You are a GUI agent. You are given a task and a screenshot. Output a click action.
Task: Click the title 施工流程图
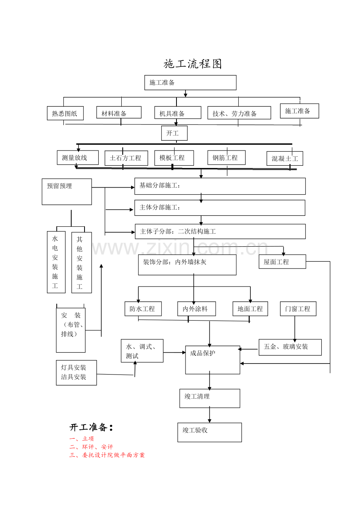193,64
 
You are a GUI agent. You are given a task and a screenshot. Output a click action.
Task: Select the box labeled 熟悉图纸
65,113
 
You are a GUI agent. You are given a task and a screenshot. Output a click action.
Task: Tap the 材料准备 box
119,113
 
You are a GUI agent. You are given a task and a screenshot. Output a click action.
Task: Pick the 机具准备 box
178,113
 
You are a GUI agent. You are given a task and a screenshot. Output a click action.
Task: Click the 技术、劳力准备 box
239,113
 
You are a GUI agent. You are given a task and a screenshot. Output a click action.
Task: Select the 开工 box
174,133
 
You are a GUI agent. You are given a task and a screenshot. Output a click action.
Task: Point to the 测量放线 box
77,158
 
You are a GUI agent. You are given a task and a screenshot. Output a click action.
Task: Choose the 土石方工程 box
126,158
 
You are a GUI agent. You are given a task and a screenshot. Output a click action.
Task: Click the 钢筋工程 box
226,158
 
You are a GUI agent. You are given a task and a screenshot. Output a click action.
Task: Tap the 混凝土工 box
284,158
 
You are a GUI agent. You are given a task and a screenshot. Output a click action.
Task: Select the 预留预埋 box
67,192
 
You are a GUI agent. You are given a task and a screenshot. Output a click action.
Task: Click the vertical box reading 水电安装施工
56,262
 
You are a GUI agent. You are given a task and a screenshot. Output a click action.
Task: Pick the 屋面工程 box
282,262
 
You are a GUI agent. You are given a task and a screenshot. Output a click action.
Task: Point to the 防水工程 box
142,308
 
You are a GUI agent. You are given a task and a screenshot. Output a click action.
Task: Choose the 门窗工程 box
298,308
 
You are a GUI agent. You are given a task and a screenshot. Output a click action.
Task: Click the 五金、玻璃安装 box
290,347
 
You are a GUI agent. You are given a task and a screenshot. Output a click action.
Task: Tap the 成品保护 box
212,360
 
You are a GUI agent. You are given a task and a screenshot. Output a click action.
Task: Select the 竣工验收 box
209,432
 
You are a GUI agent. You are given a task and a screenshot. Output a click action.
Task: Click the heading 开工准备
91,427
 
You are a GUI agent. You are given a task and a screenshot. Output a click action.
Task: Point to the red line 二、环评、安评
91,447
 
